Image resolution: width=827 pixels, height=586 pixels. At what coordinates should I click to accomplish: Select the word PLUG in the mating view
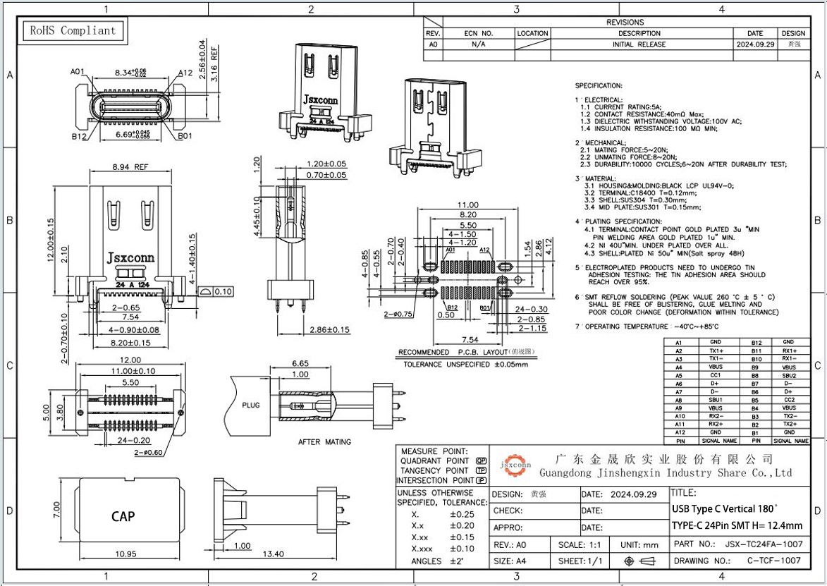click(x=251, y=405)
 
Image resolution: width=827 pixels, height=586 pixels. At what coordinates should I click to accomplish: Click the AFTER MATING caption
click(x=324, y=442)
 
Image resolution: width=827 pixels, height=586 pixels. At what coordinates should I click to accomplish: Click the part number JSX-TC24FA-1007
click(x=763, y=544)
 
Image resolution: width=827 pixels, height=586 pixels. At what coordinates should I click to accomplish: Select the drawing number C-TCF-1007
click(x=773, y=561)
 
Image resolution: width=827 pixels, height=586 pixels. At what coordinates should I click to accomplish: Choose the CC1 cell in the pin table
click(x=715, y=375)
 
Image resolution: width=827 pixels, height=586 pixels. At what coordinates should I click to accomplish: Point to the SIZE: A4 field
click(x=512, y=561)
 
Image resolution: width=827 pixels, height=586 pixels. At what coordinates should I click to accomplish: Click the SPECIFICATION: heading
click(x=599, y=85)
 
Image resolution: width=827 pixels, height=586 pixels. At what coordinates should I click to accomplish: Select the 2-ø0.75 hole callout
click(x=398, y=315)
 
